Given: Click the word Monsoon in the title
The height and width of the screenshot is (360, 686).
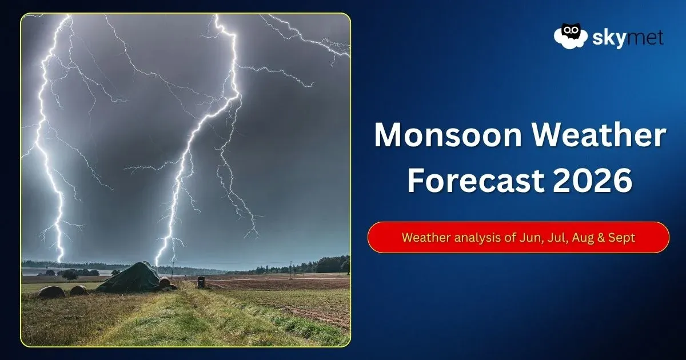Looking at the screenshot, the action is [448, 135].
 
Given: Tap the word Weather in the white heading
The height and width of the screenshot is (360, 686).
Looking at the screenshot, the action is [599, 135].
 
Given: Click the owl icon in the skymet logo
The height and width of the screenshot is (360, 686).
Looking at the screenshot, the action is [571, 36].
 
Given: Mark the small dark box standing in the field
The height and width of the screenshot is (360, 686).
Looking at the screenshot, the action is [201, 282].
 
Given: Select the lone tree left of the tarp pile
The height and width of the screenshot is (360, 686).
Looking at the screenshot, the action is [70, 275].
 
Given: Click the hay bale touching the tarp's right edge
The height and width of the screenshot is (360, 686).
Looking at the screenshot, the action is [164, 282].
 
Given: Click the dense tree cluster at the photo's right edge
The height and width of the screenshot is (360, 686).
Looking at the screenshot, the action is [333, 265].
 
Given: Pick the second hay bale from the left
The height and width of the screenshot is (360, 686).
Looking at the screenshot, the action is [79, 290].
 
